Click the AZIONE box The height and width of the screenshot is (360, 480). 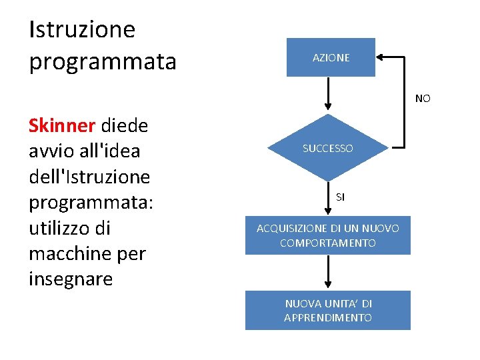pyautogui.click(x=331, y=57)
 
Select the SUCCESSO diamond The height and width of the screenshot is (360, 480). pyautogui.click(x=328, y=148)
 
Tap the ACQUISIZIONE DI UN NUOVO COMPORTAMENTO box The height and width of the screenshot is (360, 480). pyautogui.click(x=328, y=235)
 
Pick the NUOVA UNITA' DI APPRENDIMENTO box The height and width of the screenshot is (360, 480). pyautogui.click(x=328, y=310)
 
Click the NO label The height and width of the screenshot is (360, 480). pyautogui.click(x=423, y=99)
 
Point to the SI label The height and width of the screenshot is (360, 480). pyautogui.click(x=341, y=197)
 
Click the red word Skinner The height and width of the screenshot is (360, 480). pyautogui.click(x=63, y=125)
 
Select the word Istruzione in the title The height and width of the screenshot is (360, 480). pyautogui.click(x=82, y=29)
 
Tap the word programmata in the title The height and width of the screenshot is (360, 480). pyautogui.click(x=103, y=61)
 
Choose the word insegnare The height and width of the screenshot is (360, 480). pyautogui.click(x=71, y=279)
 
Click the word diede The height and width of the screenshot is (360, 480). pyautogui.click(x=125, y=125)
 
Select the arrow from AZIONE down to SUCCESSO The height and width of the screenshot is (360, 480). pyautogui.click(x=328, y=93)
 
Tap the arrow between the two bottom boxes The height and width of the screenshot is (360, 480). pyautogui.click(x=328, y=272)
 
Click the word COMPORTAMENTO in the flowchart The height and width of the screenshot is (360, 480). pyautogui.click(x=328, y=243)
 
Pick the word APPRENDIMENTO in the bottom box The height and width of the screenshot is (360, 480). pyautogui.click(x=328, y=318)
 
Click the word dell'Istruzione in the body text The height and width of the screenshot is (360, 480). pyautogui.click(x=89, y=177)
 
